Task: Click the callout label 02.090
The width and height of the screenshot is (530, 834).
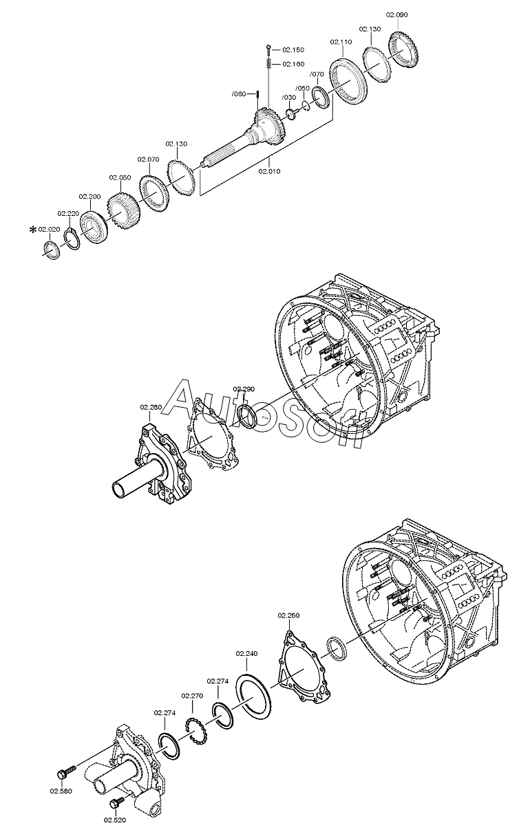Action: click(x=396, y=15)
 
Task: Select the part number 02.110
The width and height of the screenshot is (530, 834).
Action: click(x=341, y=42)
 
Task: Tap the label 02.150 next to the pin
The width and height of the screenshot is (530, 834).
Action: click(x=293, y=50)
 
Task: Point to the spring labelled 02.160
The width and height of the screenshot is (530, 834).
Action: click(x=268, y=64)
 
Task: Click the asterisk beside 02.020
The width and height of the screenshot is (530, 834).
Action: click(x=33, y=230)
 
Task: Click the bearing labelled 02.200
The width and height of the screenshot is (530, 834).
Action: click(x=93, y=228)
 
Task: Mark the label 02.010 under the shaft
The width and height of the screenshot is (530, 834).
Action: click(x=269, y=172)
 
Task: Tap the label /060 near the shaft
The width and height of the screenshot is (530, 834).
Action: click(x=239, y=94)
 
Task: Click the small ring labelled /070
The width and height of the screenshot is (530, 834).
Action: click(x=321, y=98)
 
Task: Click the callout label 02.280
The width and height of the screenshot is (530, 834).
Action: click(x=151, y=407)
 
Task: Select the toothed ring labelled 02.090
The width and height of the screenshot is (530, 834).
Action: click(x=403, y=49)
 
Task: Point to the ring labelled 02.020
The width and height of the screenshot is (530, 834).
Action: click(x=52, y=250)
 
